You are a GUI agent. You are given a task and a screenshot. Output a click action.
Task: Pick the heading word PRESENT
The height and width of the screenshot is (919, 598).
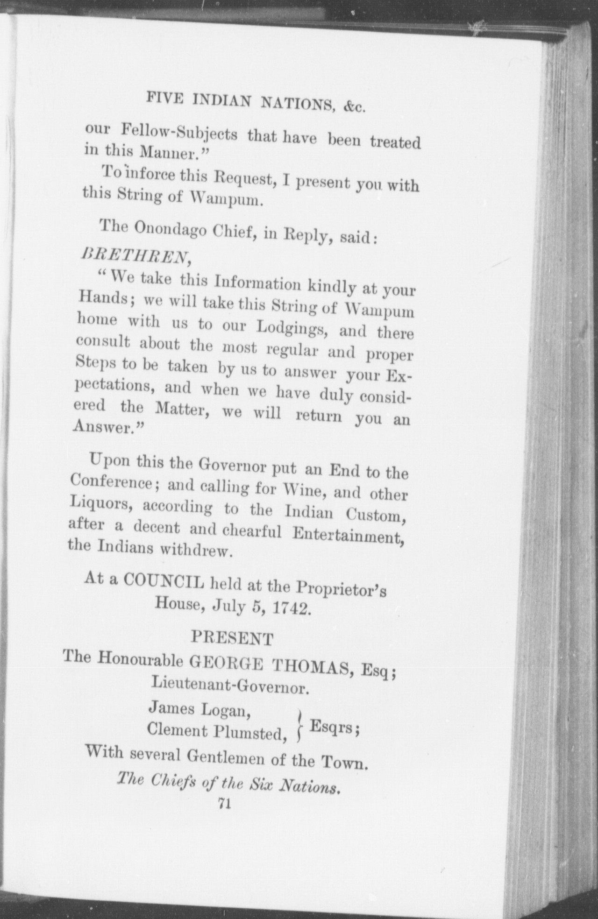click(232, 638)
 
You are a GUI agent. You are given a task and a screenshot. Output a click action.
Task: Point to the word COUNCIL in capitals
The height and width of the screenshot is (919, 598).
click(164, 582)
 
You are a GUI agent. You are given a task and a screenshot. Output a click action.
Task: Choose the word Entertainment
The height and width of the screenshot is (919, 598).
click(347, 535)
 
